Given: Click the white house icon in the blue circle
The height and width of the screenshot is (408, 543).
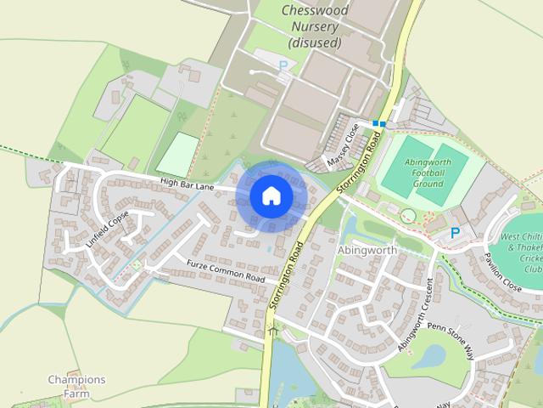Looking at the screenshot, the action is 271,196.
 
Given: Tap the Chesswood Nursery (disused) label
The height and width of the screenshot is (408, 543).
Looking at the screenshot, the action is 314,25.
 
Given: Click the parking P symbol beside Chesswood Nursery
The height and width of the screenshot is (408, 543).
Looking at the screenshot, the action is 282,65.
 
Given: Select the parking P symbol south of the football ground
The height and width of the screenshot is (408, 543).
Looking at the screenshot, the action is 456,232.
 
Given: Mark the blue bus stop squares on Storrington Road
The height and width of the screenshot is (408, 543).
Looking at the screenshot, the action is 378,124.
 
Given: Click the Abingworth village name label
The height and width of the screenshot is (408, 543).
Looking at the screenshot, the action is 367,251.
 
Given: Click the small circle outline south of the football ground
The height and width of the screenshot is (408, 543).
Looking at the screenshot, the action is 409,216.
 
